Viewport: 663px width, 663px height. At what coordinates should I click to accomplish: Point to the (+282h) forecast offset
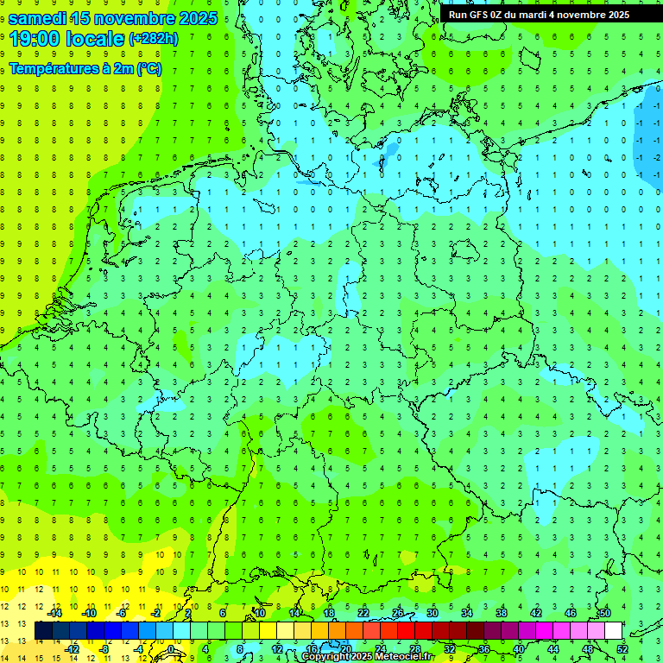(x=154, y=39)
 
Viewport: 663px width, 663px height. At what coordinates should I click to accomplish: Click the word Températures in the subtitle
(x=52, y=69)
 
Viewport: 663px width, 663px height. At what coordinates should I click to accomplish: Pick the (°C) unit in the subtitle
(x=148, y=69)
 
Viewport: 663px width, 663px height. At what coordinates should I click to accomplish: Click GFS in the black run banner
(x=479, y=15)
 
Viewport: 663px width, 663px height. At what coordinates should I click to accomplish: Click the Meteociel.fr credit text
(x=403, y=657)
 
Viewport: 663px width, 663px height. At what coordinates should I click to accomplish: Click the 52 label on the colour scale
(x=622, y=649)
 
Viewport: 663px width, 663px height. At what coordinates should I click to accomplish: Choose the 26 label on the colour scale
(x=398, y=613)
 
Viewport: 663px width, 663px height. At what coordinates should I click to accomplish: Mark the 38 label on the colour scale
(x=502, y=613)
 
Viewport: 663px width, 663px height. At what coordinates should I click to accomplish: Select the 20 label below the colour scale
(x=346, y=649)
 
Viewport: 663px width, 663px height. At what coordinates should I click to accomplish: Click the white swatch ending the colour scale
(x=613, y=631)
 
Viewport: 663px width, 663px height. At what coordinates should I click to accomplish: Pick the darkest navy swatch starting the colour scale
(x=43, y=631)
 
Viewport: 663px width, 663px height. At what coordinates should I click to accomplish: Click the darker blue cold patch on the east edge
(x=649, y=129)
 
